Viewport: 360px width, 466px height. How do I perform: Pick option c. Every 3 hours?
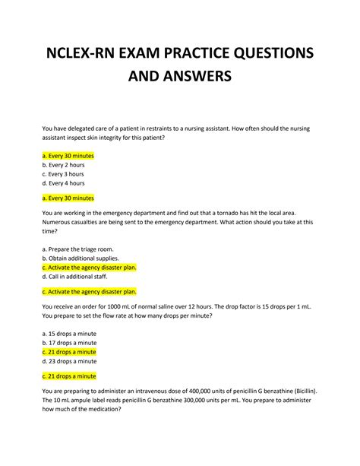tap(66, 173)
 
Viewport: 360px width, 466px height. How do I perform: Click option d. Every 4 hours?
tap(66, 183)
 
